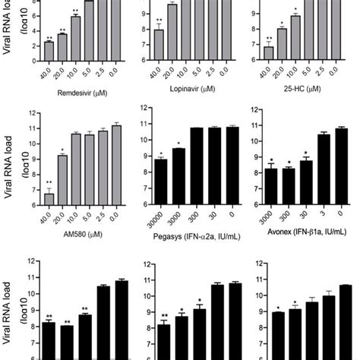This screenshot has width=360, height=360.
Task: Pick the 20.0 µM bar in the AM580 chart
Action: (64, 180)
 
